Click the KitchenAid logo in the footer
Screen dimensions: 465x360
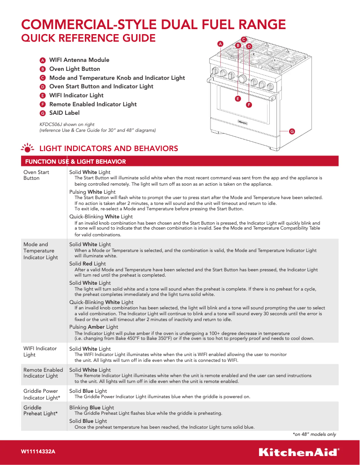pyautogui.click(x=299, y=452)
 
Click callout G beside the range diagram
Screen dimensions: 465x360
pyautogui.click(x=292, y=131)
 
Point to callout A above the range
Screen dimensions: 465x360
pyautogui.click(x=220, y=44)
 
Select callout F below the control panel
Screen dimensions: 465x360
pyautogui.click(x=248, y=104)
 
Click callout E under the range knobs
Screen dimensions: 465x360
pyautogui.click(x=237, y=98)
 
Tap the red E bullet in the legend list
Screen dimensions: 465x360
pyautogui.click(x=43, y=96)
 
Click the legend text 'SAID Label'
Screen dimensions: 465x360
pyautogui.click(x=64, y=113)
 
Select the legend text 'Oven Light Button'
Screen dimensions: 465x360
pyautogui.click(x=75, y=69)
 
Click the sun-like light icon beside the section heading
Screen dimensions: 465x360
pyautogui.click(x=28, y=148)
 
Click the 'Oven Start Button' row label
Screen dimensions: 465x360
pyautogui.click(x=36, y=175)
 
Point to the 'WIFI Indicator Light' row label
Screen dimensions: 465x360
pyautogui.click(x=40, y=352)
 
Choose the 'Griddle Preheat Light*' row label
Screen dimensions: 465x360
pyautogui.click(x=40, y=411)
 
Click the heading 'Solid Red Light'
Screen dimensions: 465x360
pyautogui.click(x=88, y=264)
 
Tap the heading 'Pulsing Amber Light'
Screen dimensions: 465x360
pyautogui.click(x=94, y=327)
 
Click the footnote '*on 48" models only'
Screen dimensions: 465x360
pyautogui.click(x=314, y=434)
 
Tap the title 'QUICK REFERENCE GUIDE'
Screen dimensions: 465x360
pyautogui.click(x=89, y=38)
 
